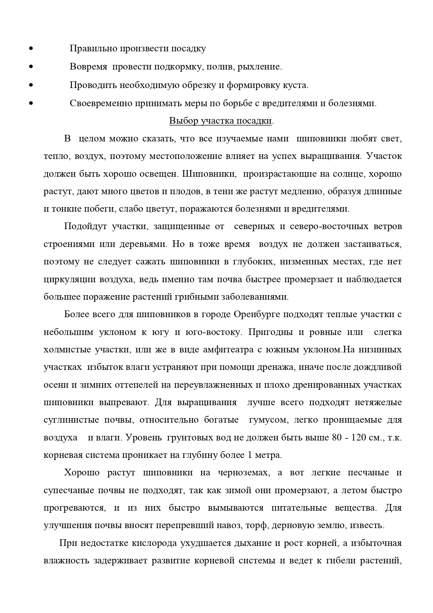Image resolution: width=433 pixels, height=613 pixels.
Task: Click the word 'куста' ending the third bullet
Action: (296, 85)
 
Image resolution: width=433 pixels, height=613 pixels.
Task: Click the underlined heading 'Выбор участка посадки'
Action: (221, 121)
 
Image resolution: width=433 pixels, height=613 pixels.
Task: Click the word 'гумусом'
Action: (268, 420)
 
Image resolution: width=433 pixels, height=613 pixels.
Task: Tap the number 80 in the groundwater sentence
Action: (337, 437)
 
